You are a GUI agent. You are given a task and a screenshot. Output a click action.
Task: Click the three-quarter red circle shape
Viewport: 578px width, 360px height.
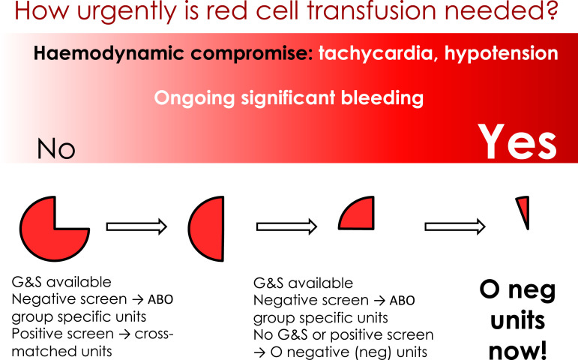pyautogui.click(x=48, y=236)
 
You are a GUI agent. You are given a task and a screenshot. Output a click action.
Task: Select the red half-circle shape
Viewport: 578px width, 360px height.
pyautogui.click(x=208, y=229)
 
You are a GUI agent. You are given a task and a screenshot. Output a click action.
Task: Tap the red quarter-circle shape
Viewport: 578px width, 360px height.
pyautogui.click(x=359, y=216)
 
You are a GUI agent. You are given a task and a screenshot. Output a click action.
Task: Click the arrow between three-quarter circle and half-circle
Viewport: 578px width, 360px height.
pyautogui.click(x=136, y=226)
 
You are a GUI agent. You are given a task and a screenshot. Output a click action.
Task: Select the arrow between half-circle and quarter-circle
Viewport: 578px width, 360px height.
pyautogui.click(x=287, y=226)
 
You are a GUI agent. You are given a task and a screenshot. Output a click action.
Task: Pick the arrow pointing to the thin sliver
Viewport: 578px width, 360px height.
pyautogui.click(x=455, y=226)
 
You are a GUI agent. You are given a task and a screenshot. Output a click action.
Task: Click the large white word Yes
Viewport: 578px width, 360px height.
pyautogui.click(x=517, y=142)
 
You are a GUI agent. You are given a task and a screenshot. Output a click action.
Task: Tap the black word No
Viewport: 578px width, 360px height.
pyautogui.click(x=56, y=149)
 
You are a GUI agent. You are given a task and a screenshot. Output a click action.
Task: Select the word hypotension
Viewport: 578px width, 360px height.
pyautogui.click(x=502, y=54)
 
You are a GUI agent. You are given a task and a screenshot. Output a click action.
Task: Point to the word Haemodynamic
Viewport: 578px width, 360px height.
pyautogui.click(x=109, y=54)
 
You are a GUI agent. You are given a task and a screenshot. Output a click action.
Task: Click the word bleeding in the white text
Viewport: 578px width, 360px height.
pyautogui.click(x=382, y=98)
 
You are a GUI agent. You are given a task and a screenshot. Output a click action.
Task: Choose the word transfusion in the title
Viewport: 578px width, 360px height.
pyautogui.click(x=373, y=10)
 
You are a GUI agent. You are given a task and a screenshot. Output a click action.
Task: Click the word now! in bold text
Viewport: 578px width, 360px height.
pyautogui.click(x=517, y=349)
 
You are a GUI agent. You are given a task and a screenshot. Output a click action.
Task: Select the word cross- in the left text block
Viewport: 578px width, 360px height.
pyautogui.click(x=154, y=334)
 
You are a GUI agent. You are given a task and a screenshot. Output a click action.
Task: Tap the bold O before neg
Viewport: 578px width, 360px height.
pyautogui.click(x=490, y=289)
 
